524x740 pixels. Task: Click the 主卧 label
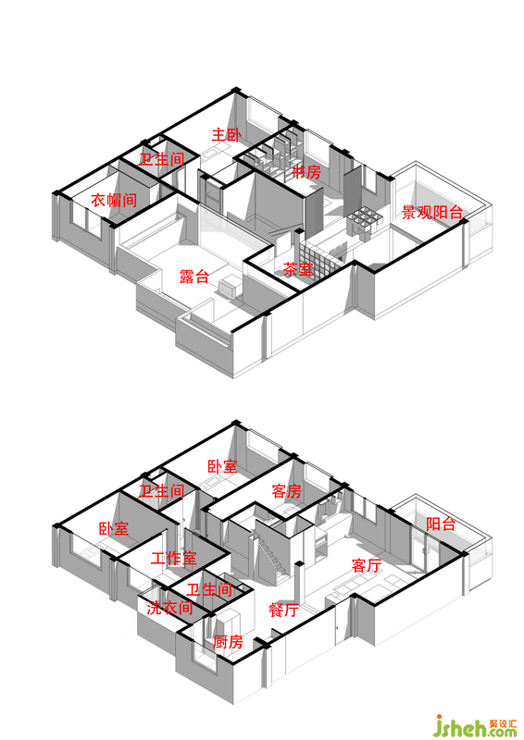coord(226,135)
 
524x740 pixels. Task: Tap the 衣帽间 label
coord(114,200)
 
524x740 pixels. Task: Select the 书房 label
coord(306,172)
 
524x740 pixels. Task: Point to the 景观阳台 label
coord(431,213)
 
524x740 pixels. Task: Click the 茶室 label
coord(298,269)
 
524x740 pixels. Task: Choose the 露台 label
coord(194,276)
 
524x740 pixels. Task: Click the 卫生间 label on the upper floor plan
coord(162,159)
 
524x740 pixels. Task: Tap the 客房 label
coord(287,491)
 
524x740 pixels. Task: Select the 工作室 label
coord(173,559)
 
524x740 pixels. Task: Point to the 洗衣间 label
coord(169,608)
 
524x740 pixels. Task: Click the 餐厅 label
coord(283,610)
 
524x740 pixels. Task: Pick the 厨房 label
coord(229,642)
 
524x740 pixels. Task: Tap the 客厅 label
coord(367,565)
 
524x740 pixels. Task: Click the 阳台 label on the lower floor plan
coord(441,524)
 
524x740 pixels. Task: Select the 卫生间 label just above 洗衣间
coord(209,589)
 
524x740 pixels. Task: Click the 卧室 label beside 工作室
coord(113,528)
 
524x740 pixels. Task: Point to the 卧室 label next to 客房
coord(222,466)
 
